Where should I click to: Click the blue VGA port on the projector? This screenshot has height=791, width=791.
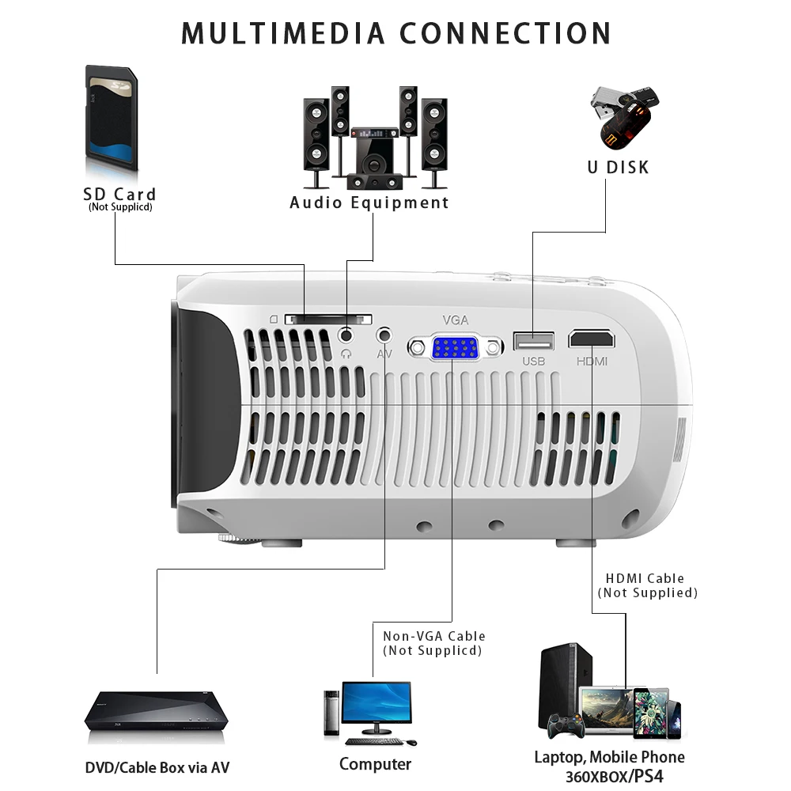[x=455, y=347]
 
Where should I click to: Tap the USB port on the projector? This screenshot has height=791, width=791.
[x=534, y=341]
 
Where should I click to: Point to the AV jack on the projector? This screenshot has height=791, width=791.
[x=384, y=335]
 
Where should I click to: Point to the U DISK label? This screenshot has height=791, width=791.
[x=618, y=167]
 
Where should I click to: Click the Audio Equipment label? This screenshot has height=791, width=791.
[x=369, y=202]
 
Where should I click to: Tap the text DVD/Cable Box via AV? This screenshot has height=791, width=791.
[x=157, y=767]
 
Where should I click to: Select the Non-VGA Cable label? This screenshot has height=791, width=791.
[x=434, y=636]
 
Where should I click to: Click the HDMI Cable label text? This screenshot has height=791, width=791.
[x=645, y=578]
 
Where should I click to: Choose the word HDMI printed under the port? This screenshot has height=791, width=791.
[x=592, y=361]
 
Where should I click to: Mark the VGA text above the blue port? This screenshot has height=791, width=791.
[x=456, y=320]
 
